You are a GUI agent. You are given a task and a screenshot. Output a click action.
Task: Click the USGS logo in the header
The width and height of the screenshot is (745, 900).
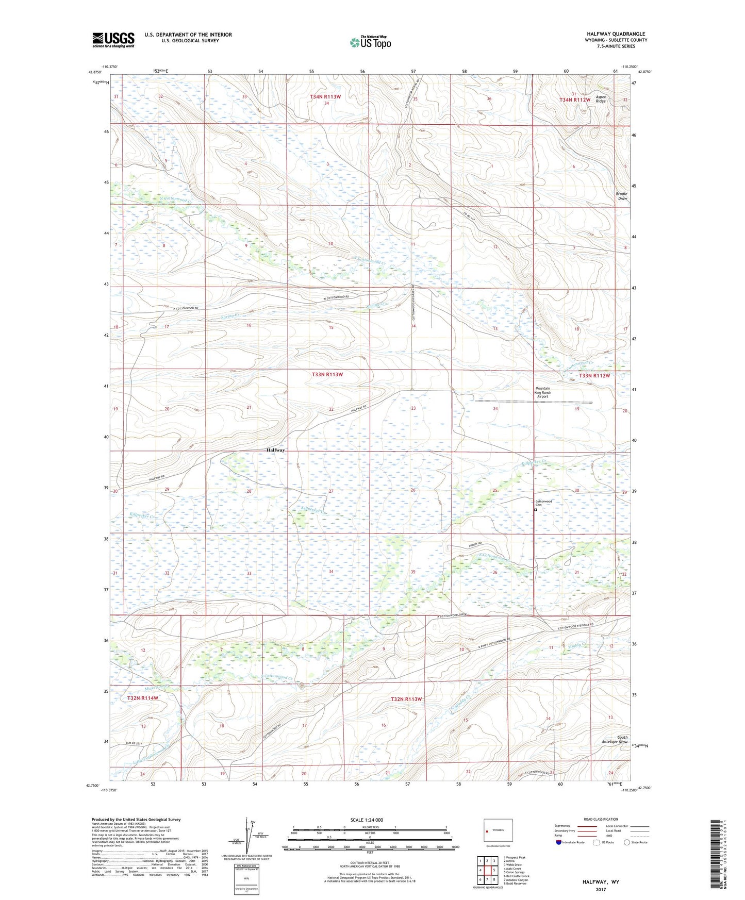113,40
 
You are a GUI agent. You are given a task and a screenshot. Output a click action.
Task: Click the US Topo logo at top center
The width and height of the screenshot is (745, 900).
370,42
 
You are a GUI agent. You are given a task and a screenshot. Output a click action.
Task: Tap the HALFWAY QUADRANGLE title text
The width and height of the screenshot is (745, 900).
616,34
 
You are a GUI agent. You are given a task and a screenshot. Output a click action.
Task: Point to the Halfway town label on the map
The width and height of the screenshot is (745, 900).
276,450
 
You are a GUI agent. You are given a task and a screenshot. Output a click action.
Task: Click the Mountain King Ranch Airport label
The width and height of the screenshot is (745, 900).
542,392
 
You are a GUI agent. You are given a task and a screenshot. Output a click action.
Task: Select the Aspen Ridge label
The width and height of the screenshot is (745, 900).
601,99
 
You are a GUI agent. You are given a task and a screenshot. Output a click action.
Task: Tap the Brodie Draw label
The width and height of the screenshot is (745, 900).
622,196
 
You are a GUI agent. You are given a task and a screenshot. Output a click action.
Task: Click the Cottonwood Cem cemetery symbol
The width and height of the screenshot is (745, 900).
536,510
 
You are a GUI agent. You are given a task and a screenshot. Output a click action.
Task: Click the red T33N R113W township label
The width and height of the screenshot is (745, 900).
327,374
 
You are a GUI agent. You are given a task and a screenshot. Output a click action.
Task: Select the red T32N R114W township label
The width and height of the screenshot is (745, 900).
143,698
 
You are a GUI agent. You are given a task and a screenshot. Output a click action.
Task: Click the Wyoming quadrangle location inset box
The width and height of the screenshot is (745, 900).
498,831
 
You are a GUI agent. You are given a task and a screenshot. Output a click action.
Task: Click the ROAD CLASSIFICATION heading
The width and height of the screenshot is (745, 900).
601,819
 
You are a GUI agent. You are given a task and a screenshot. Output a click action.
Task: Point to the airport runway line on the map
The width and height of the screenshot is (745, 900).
534,402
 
